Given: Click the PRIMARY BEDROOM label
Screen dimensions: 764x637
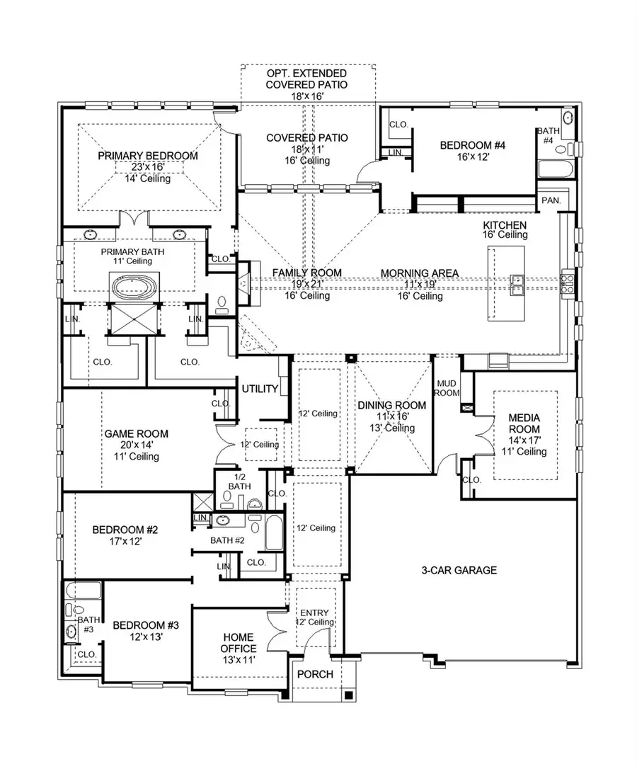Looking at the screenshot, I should pyautogui.click(x=148, y=156).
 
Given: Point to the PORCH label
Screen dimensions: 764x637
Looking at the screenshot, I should pyautogui.click(x=315, y=674).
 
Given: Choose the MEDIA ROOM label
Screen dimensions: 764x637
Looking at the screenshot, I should pyautogui.click(x=524, y=423).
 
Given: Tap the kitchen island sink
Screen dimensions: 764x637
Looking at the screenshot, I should pyautogui.click(x=517, y=283).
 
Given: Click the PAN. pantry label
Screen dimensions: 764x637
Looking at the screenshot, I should pyautogui.click(x=551, y=200).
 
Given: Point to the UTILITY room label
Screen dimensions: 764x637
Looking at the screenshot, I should pyautogui.click(x=260, y=389).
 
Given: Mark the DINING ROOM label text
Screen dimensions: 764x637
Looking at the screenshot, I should pyautogui.click(x=391, y=405).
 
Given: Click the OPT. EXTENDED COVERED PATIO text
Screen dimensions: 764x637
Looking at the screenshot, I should pyautogui.click(x=306, y=79).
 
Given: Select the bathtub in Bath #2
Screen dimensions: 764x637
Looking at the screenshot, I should pyautogui.click(x=274, y=534).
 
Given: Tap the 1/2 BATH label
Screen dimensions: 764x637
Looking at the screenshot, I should pyautogui.click(x=238, y=481).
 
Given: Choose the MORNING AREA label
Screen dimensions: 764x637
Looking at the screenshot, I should pyautogui.click(x=420, y=273).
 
